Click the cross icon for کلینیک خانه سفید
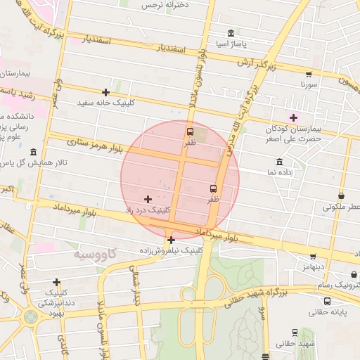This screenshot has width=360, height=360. pyautogui.click(x=106, y=92)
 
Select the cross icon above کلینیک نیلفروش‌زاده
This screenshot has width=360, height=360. pyautogui.click(x=171, y=240)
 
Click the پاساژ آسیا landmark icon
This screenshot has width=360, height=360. pyautogui.click(x=231, y=33)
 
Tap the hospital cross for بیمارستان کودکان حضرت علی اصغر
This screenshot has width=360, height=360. pyautogui.click(x=293, y=117)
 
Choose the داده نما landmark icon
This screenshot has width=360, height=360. pyautogui.click(x=279, y=162)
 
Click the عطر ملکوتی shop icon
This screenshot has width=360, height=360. pyautogui.click(x=342, y=196)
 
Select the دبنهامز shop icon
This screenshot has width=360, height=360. pyautogui.click(x=313, y=257)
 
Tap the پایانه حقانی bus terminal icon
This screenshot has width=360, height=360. pyautogui.click(x=327, y=301)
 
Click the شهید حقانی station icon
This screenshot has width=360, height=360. pyautogui.click(x=294, y=332)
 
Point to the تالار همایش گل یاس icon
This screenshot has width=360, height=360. pyautogui.click(x=33, y=152)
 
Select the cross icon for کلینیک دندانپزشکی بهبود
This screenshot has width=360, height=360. pyautogui.click(x=57, y=282)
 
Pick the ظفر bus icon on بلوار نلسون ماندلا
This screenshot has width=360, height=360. pyautogui.click(x=190, y=131)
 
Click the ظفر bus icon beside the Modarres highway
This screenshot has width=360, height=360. pyautogui.click(x=213, y=188)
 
